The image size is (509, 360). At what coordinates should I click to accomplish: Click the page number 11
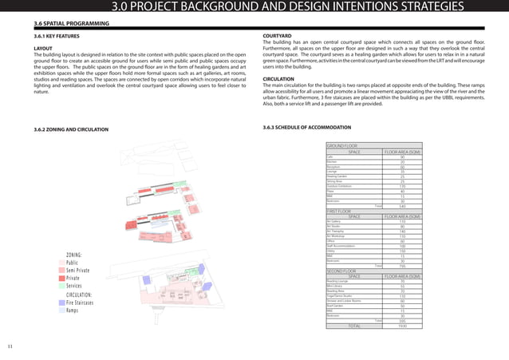10,346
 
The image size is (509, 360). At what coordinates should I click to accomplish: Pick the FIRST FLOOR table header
341,210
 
